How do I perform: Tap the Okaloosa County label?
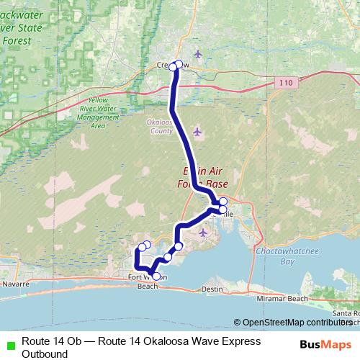pyautogui.click(x=158, y=127)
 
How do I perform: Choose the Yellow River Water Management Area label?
pyautogui.click(x=99, y=112)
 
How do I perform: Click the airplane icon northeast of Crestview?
pyautogui.click(x=198, y=53)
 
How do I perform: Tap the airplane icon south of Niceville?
pyautogui.click(x=203, y=233)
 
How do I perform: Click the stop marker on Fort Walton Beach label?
pyautogui.click(x=156, y=276)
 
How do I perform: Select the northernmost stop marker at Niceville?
pyautogui.click(x=223, y=201)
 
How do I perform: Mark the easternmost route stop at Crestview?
pyautogui.click(x=179, y=63)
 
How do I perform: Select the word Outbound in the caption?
pyautogui.click(x=45, y=354)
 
